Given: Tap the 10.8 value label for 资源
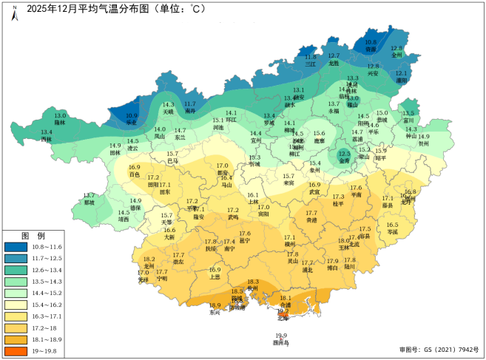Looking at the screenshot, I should [371, 42].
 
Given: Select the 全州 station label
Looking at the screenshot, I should [396, 55].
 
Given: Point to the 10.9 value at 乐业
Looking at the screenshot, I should [132, 115].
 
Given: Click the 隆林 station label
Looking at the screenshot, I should [60, 122].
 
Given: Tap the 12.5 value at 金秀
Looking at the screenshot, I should [345, 153].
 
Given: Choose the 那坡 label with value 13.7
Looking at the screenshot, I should [90, 202].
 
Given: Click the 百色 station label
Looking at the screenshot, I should [135, 174].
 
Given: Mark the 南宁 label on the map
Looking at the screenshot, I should [229, 249].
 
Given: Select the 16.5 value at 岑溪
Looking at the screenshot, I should [392, 225].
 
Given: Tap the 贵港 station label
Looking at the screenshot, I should [311, 220].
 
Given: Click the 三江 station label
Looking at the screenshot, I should [311, 64].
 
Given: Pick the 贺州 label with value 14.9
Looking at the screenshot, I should [424, 144].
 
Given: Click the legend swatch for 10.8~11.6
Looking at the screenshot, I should [16, 246].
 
